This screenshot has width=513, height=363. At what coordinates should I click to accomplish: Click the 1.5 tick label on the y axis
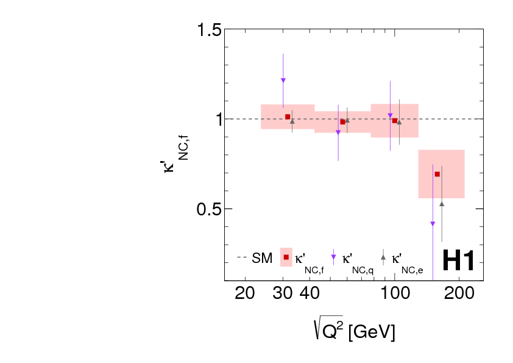[x=205, y=30]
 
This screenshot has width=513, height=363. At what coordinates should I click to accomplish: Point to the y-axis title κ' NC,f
[x=175, y=160]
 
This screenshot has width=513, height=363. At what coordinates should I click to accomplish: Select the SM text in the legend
[x=262, y=259]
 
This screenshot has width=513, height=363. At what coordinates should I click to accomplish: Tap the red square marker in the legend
[x=286, y=257]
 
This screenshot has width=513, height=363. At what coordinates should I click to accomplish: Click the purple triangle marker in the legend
[x=333, y=257]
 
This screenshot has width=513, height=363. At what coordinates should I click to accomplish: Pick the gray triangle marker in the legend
[x=383, y=257]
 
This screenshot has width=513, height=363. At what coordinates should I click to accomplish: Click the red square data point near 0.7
[x=437, y=174]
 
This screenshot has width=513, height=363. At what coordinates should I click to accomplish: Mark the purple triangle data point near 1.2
[x=283, y=80]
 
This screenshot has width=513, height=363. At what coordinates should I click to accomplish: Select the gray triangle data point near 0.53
[x=442, y=203]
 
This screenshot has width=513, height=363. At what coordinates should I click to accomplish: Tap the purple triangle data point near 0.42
[x=433, y=224]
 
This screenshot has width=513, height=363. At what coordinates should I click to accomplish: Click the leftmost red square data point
[x=288, y=117]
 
